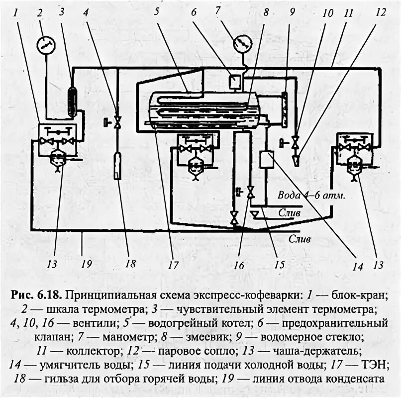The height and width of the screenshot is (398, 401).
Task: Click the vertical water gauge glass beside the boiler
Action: [x=284, y=109]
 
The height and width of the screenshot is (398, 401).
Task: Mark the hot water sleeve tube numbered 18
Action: [x=117, y=166]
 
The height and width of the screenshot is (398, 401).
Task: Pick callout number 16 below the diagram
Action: [x=239, y=265]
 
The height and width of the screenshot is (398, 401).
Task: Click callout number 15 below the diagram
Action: [x=279, y=264]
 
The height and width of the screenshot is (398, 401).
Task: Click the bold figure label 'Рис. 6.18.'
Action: [x=35, y=295]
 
